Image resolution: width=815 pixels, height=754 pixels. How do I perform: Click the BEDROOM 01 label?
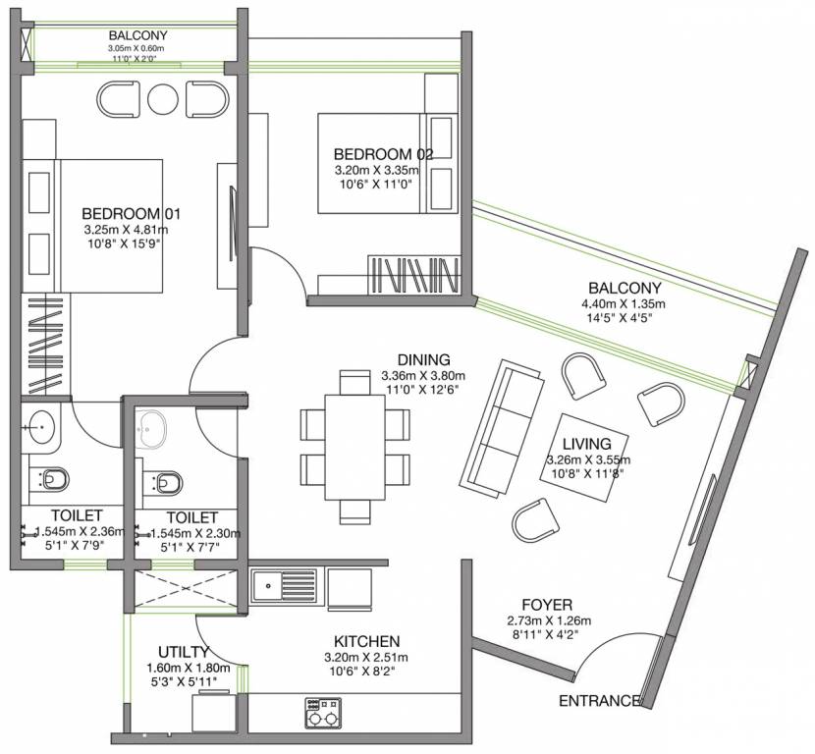131,214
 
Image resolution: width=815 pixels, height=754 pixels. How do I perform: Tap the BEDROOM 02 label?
383,154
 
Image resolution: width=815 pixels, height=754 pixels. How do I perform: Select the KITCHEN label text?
367,642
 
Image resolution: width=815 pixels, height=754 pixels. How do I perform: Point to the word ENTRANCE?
599,701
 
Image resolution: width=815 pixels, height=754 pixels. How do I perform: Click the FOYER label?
547,605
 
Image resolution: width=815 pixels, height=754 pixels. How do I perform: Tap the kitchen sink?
285,585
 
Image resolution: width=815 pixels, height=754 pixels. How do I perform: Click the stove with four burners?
323,713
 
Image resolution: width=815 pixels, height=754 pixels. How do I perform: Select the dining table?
355,448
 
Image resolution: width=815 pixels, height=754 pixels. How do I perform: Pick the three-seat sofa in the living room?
502,427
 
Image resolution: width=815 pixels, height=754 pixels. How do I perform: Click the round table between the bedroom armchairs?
163,99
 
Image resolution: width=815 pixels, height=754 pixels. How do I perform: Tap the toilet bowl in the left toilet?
54,479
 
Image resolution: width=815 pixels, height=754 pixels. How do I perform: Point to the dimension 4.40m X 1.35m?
624,304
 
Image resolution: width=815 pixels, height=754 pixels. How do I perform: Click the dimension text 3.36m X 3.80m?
423,376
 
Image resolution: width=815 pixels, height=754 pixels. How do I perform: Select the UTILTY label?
184,652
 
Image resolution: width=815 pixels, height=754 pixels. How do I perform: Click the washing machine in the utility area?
214,712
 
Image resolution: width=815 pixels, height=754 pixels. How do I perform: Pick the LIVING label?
587,444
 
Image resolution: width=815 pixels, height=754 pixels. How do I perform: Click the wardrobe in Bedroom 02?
414,275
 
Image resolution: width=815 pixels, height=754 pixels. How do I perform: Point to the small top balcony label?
138,35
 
